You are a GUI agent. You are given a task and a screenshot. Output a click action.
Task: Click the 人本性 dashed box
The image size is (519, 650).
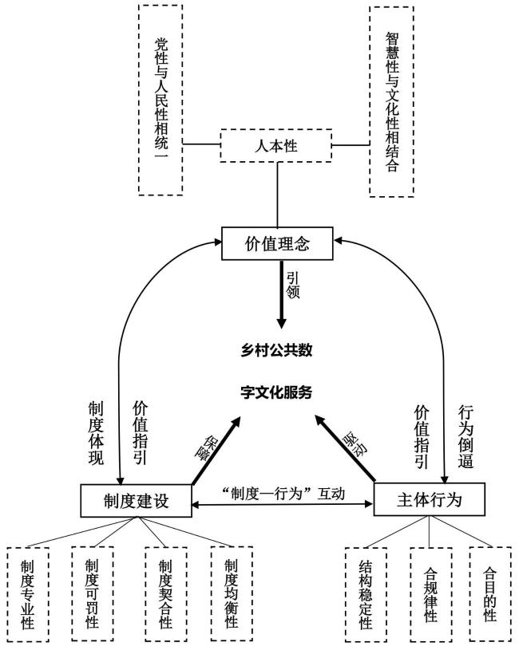[x=276, y=145]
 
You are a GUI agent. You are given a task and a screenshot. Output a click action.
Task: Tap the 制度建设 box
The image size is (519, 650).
[x=136, y=500]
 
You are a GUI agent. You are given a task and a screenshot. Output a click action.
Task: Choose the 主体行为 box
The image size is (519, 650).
[x=430, y=500]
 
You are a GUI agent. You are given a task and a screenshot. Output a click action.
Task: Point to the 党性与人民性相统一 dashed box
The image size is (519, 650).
[x=160, y=100]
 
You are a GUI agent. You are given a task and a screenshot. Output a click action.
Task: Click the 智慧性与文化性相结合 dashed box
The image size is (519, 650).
[x=390, y=101]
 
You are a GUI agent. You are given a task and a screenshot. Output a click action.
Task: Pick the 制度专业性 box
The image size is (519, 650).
[x=27, y=594]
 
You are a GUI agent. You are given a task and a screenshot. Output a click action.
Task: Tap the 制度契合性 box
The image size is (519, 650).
[x=165, y=594]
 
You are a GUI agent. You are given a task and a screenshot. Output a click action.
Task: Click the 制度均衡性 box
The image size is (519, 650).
[x=232, y=593]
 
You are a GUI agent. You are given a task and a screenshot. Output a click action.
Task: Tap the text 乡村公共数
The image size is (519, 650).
[x=276, y=352]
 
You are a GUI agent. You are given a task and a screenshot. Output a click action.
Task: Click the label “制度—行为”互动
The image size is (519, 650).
[x=283, y=493]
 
